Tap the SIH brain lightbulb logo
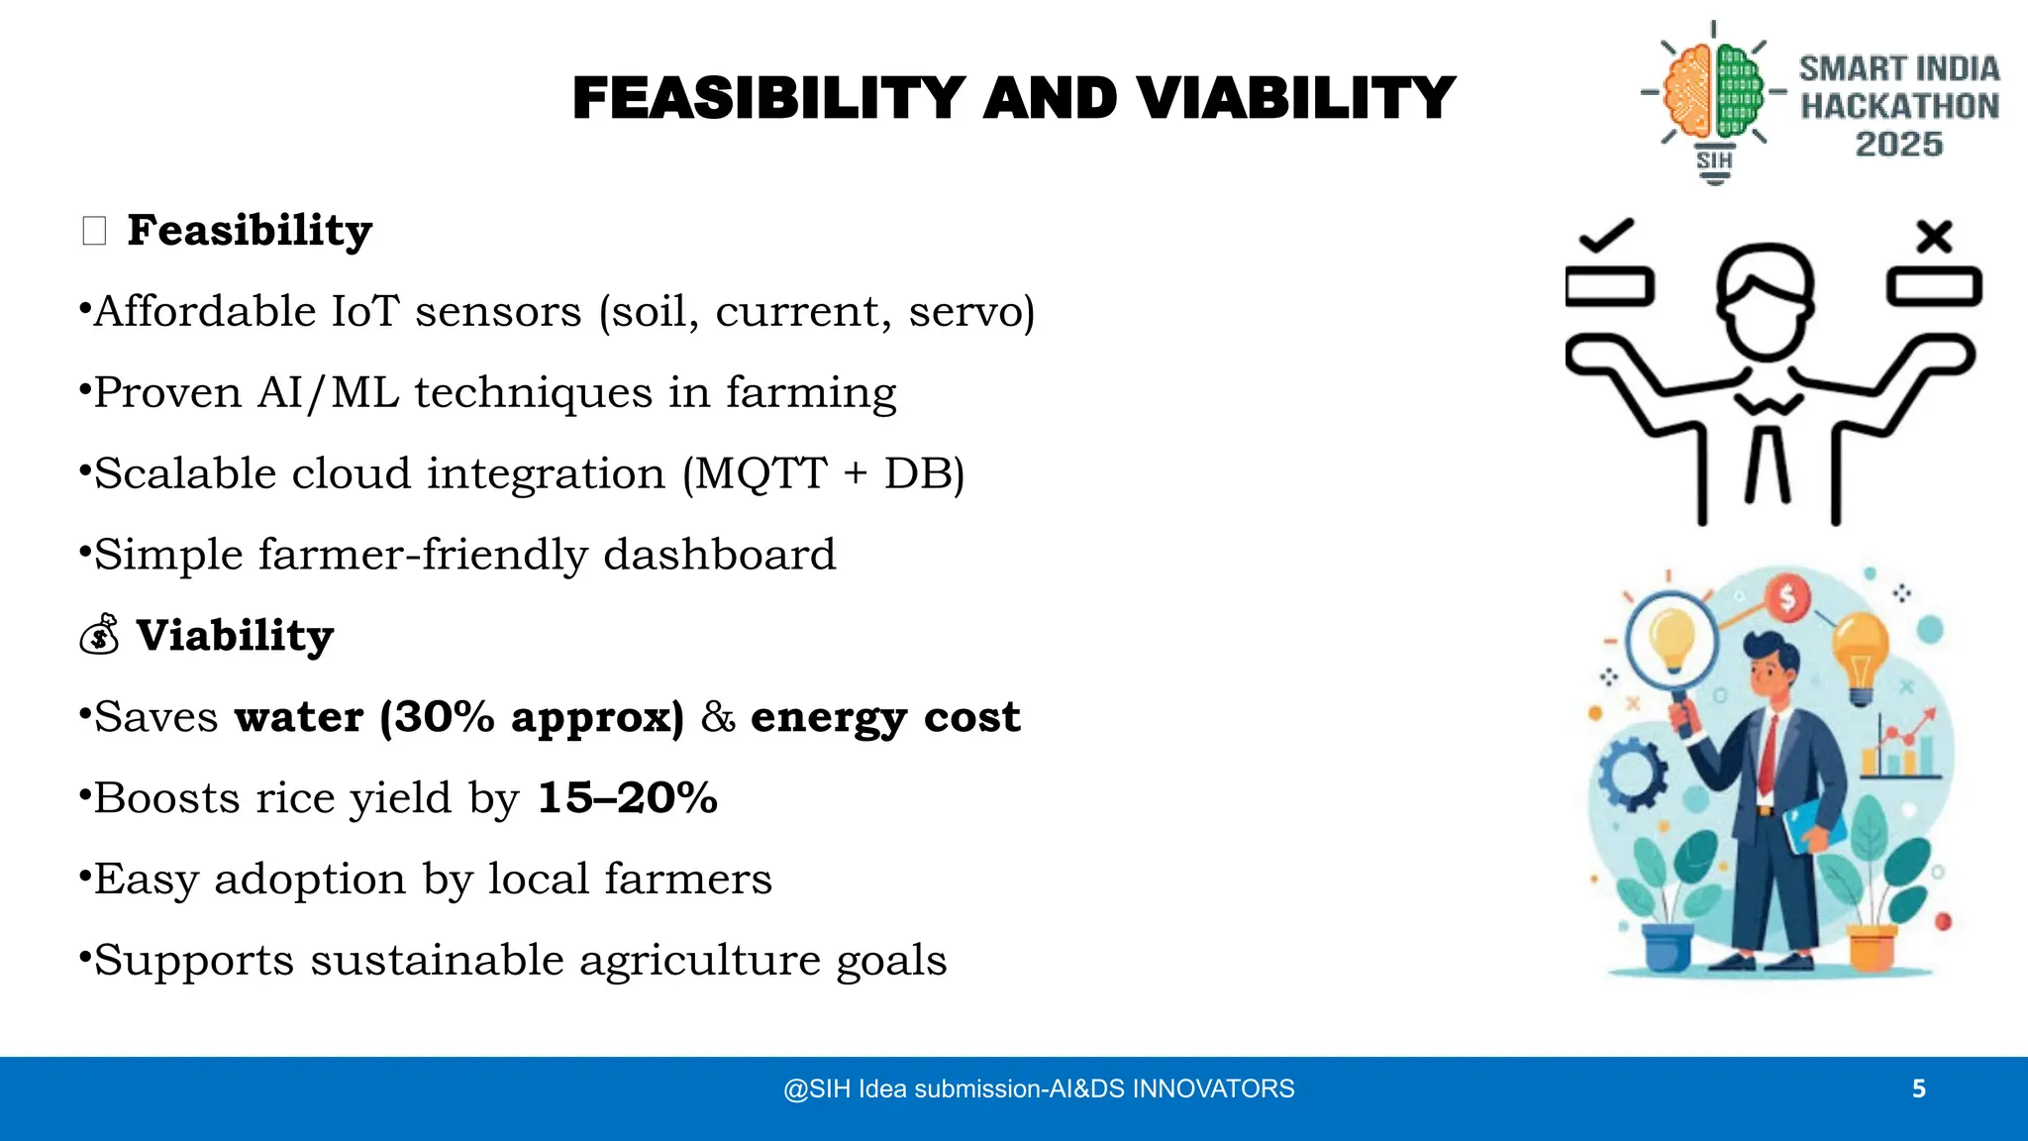click(x=1714, y=99)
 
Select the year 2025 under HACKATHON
click(x=1898, y=145)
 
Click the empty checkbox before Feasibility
click(x=94, y=232)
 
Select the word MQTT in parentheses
click(x=761, y=473)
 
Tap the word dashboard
click(x=720, y=555)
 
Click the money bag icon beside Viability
click(x=100, y=635)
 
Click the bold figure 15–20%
click(x=627, y=798)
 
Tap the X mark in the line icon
click(x=1933, y=236)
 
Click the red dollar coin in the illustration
click(x=1787, y=598)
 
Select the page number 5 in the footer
click(x=1918, y=1089)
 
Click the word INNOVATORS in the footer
click(x=1213, y=1089)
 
